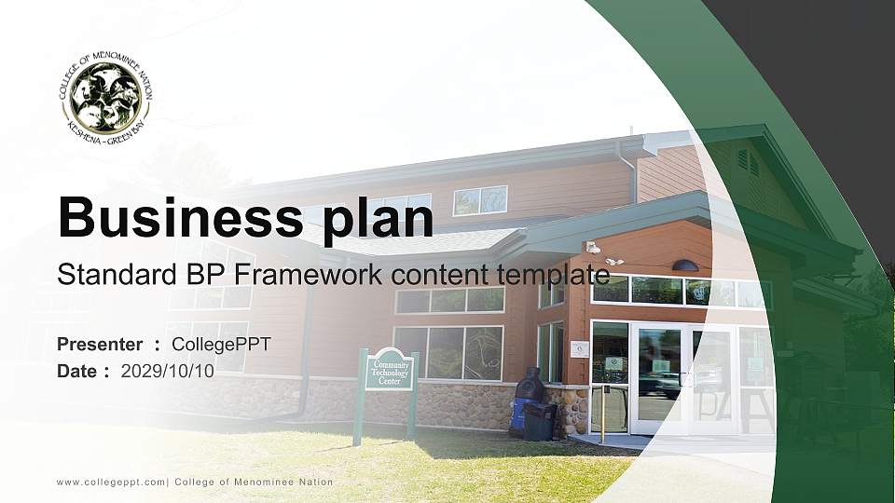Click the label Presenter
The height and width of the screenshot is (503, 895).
coord(100,345)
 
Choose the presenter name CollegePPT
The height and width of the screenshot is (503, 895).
coord(221,345)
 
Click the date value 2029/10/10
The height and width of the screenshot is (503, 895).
coord(168,371)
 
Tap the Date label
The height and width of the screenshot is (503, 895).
coord(77,371)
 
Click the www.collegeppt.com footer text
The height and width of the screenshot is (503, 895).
coord(111,482)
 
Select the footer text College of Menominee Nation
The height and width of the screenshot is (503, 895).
coord(254,482)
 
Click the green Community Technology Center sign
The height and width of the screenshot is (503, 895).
coord(390,371)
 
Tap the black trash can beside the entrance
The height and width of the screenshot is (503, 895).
coord(540,421)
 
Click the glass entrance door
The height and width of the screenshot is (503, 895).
coord(658,377)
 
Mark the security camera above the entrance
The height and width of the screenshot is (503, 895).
coord(593,247)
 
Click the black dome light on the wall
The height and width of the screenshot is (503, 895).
coord(685,265)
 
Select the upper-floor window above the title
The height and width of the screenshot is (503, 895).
coord(480,200)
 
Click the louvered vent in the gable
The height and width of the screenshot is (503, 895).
coord(748,160)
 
